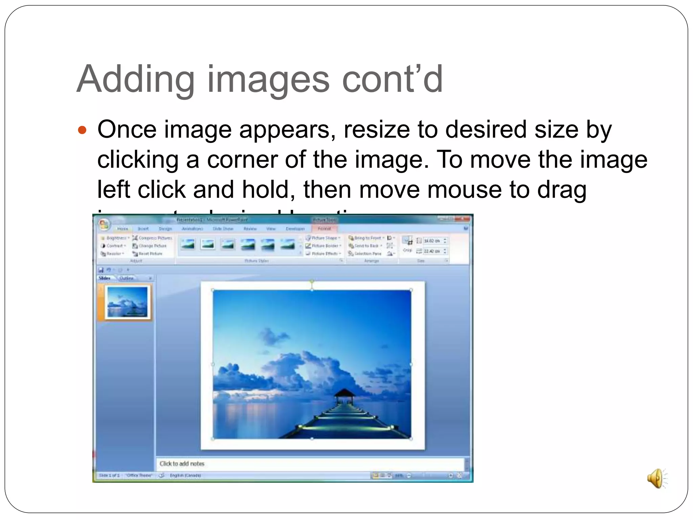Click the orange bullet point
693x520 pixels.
82,130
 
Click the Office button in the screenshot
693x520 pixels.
104,224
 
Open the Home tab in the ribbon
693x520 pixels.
122,229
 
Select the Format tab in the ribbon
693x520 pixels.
324,229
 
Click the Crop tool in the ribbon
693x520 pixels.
407,244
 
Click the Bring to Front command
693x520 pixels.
367,238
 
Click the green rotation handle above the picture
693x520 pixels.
312,281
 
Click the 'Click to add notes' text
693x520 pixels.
182,463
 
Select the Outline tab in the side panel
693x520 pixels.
126,278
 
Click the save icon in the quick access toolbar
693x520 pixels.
101,270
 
